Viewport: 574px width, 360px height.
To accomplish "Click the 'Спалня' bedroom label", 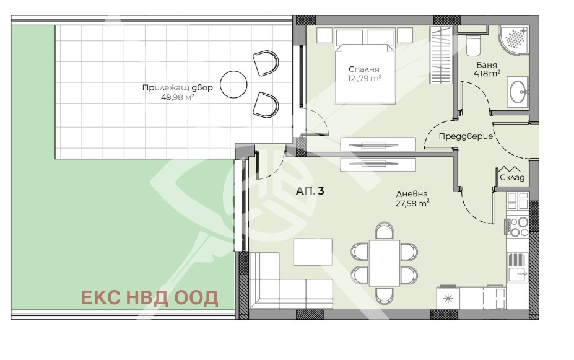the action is tap(363, 69).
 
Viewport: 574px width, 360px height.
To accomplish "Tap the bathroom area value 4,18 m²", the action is tap(487, 73).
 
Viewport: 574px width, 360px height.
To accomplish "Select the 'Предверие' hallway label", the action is tap(466, 136).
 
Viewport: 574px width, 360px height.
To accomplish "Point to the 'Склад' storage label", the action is tap(512, 178).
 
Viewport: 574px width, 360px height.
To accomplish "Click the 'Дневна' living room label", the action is tap(412, 194).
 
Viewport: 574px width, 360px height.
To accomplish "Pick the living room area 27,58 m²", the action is tap(412, 203).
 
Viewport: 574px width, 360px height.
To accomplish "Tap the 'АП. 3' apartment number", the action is tap(310, 191).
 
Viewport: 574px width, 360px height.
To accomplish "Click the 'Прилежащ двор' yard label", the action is tap(177, 88).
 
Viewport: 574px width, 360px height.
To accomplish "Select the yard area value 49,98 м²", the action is tap(177, 97).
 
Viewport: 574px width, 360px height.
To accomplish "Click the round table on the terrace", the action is tap(233, 85).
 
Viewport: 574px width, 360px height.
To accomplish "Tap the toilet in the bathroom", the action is tap(473, 45).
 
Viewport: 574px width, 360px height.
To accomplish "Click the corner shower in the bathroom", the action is tap(514, 41).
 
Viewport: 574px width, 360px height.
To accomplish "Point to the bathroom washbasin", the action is tap(518, 92).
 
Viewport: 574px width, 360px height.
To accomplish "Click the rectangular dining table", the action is tap(385, 263).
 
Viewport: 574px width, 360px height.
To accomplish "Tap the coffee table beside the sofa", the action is tap(313, 252).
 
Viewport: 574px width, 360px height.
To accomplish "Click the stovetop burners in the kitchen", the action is tap(517, 227).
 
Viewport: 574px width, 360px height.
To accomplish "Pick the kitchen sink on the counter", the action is tap(517, 266).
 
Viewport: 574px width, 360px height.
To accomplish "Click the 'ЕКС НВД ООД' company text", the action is tap(149, 298).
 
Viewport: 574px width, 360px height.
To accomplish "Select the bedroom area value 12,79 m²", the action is tap(365, 78).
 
